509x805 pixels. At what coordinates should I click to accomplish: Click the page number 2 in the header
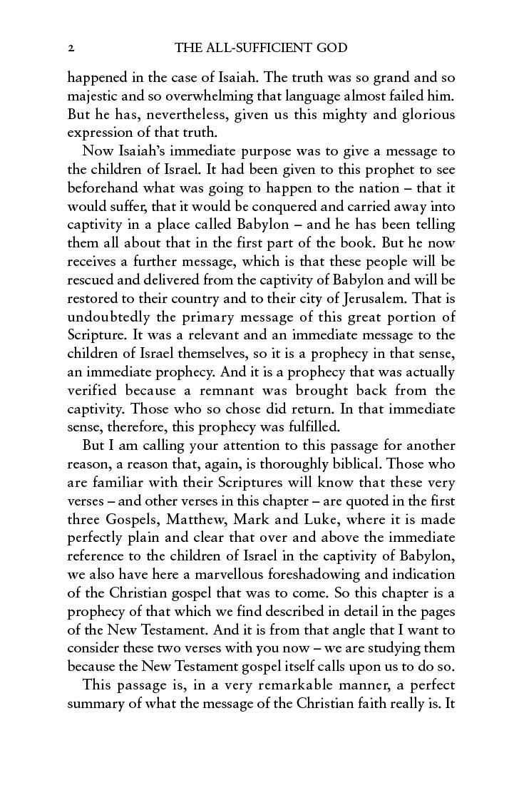[x=71, y=48]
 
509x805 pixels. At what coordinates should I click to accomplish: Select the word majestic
[x=94, y=96]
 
